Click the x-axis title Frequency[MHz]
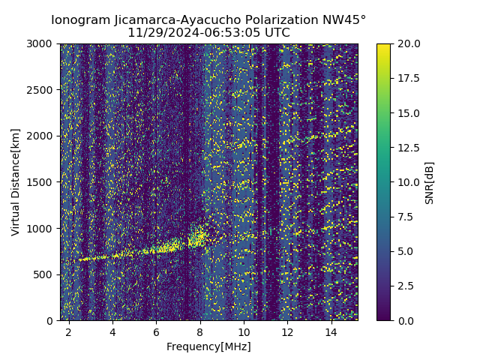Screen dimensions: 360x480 208,346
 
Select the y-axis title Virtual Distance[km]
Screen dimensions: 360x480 16,182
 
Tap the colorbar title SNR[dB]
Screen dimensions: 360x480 430,182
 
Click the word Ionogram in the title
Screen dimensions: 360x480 79,20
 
